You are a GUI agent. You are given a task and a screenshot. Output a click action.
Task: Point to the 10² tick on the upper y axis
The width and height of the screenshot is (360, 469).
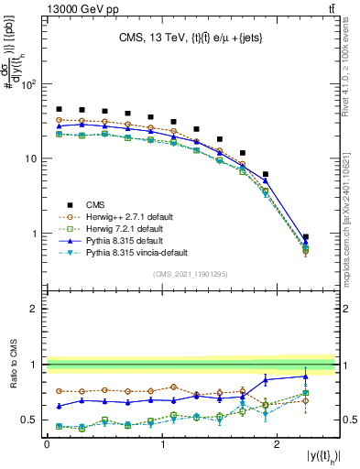tap(28, 84)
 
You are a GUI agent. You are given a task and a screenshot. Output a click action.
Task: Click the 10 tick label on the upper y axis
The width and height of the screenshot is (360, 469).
tap(30, 158)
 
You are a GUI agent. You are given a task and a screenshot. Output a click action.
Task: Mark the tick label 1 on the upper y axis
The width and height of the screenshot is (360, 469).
tap(35, 234)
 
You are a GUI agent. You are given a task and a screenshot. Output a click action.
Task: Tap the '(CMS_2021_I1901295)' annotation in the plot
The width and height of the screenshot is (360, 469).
tap(191, 275)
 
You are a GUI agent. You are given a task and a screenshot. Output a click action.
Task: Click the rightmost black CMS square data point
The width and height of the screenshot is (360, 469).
tap(306, 237)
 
